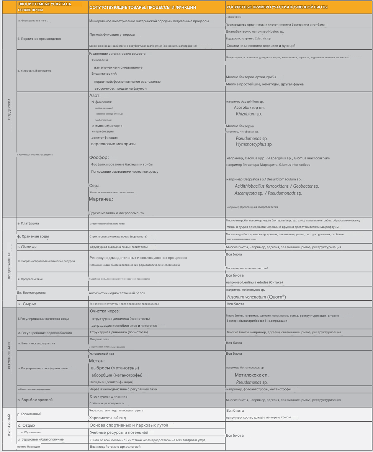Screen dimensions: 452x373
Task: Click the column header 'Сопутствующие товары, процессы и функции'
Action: (x=142, y=7)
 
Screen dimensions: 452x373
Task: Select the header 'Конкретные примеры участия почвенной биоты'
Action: (x=276, y=7)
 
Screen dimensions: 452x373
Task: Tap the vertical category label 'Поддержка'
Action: (x=9, y=110)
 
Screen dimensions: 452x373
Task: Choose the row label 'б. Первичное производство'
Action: (x=39, y=39)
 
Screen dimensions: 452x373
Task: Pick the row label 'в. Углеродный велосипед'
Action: (x=34, y=71)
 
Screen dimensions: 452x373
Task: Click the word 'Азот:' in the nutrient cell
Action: (x=95, y=95)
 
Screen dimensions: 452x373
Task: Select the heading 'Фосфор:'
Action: (x=99, y=157)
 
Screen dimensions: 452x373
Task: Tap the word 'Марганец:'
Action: (x=101, y=199)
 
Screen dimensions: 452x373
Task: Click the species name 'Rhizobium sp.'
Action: (x=249, y=114)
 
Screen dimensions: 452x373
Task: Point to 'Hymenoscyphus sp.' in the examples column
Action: (x=254, y=144)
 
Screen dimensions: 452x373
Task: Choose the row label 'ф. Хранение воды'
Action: (x=33, y=236)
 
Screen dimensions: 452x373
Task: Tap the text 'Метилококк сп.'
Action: (x=252, y=375)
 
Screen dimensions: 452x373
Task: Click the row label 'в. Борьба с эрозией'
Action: (x=35, y=400)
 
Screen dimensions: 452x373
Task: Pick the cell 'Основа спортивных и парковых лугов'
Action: (x=129, y=425)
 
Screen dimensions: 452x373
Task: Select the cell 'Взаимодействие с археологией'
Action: (x=115, y=447)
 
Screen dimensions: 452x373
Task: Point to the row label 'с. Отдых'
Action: (x=27, y=425)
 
